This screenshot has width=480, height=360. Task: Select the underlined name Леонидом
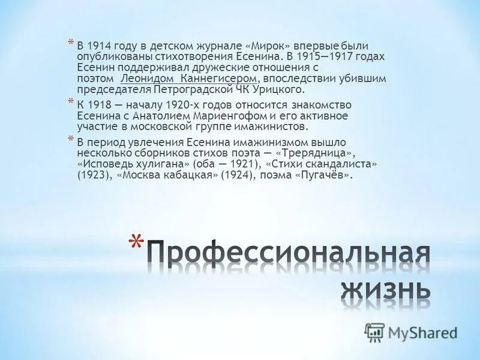pos(142,79)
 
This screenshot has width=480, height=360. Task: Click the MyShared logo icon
pos(375,332)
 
